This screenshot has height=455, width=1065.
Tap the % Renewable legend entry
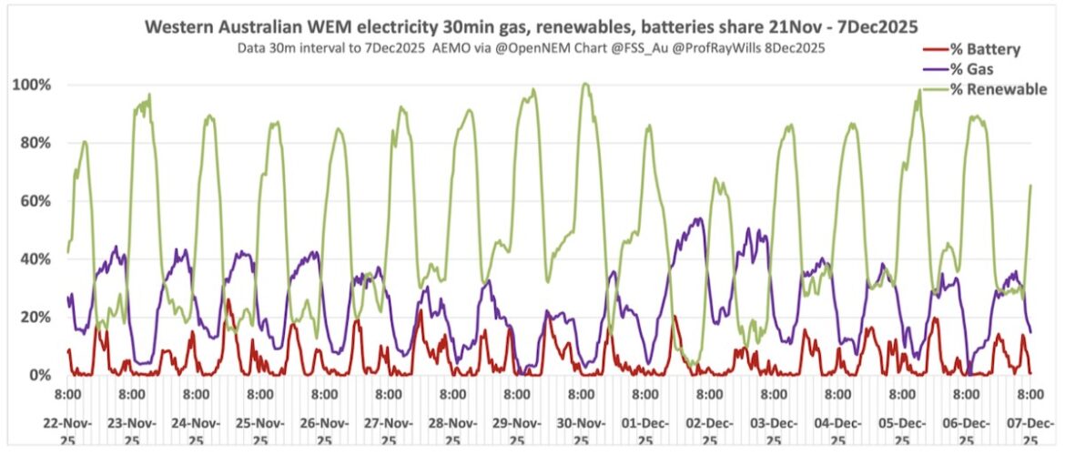pos(998,89)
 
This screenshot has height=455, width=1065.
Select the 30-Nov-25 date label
pos(581,430)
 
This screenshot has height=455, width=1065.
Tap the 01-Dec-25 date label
pos(644,430)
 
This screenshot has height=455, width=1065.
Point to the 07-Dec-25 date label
pos(1029,430)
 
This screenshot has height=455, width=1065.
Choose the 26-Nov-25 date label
pos(324,430)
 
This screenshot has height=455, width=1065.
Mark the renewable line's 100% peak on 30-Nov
pos(585,85)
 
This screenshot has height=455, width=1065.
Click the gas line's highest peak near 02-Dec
pos(698,218)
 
